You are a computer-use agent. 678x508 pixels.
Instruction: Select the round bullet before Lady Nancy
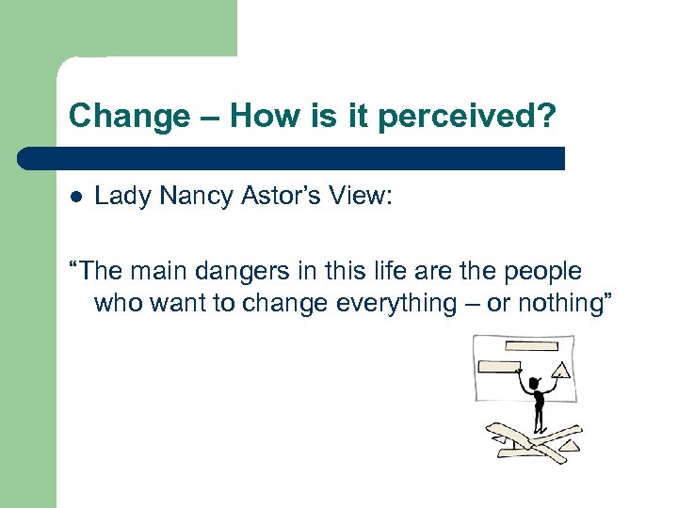pyautogui.click(x=76, y=197)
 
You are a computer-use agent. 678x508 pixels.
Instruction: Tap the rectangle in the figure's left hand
pyautogui.click(x=500, y=367)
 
